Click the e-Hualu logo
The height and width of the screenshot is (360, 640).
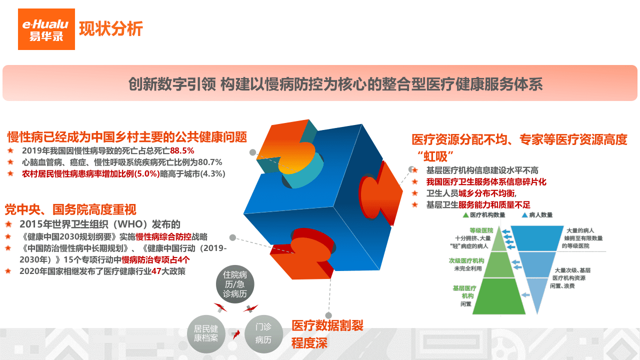[46, 29]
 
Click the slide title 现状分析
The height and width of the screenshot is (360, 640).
[111, 29]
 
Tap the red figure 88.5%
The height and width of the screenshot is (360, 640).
[182, 150]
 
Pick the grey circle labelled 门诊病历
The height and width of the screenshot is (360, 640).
[263, 333]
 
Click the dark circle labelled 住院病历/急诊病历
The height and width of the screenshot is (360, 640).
[235, 284]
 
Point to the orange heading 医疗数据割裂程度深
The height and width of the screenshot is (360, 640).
[327, 334]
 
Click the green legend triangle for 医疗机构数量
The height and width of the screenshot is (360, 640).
[465, 215]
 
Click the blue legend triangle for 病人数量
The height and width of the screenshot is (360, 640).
[524, 215]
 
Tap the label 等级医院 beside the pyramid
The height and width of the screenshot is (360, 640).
[481, 230]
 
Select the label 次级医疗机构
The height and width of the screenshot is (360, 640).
[466, 261]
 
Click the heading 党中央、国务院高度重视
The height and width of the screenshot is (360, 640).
[70, 209]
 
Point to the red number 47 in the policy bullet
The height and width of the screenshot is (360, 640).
[156, 271]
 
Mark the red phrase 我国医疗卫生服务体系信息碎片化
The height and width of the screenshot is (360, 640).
[486, 181]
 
